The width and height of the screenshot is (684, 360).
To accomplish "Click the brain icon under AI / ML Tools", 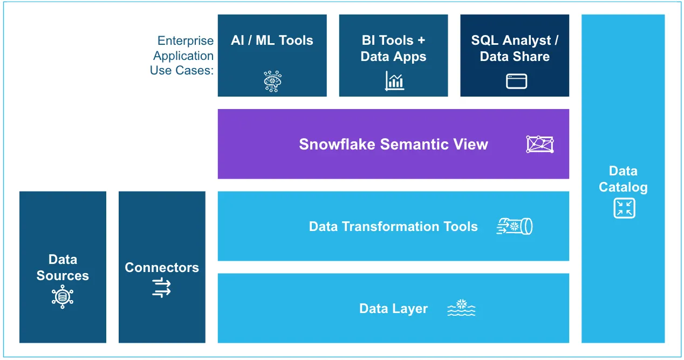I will coord(272,81).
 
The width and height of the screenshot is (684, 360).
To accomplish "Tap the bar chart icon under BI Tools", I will coord(394,81).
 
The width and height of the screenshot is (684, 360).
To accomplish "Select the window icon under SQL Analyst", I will coord(516,81).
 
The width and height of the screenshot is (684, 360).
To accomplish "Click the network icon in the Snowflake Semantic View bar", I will coord(539,144).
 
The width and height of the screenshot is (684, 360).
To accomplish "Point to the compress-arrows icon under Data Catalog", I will coord(624,208).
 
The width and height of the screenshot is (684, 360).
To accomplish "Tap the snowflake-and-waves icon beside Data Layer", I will coord(461,308).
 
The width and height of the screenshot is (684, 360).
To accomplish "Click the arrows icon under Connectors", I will coord(161,287).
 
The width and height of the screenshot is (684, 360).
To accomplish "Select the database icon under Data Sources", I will coord(63,297).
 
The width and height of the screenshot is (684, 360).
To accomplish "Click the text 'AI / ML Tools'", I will coord(272,40).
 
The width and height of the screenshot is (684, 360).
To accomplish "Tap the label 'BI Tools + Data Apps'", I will coord(393,49).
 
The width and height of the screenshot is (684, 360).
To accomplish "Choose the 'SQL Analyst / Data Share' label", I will coord(515,49).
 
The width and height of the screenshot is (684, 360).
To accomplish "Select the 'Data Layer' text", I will coord(393,309).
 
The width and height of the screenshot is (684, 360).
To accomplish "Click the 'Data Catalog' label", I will coord(623,179).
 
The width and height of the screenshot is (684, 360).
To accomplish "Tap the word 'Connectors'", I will coord(162,268).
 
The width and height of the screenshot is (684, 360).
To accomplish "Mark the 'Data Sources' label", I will coord(63,268).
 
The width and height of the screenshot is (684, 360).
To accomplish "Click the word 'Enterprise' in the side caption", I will coord(186,41).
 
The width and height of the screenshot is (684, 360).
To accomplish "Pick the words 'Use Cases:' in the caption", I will coord(182,70).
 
